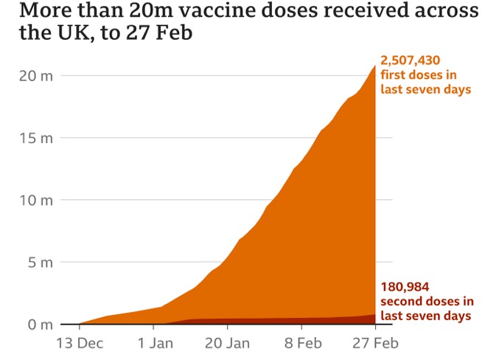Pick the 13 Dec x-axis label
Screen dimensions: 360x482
click(79, 343)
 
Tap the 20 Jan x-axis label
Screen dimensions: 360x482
click(228, 343)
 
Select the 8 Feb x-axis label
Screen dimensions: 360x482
click(302, 343)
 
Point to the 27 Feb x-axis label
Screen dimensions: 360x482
click(376, 343)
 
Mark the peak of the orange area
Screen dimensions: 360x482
click(375, 66)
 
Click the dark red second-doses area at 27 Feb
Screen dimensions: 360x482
click(373, 319)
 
